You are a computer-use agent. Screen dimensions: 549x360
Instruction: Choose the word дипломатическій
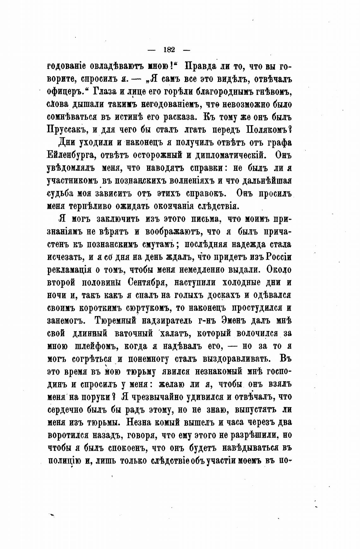tap(227, 156)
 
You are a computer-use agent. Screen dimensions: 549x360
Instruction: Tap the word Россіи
tap(279, 257)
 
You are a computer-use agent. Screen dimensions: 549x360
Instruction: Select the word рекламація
tap(68, 270)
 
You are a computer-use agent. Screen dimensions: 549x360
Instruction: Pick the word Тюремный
tap(116, 320)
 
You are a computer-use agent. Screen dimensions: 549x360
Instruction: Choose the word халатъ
tap(175, 333)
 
